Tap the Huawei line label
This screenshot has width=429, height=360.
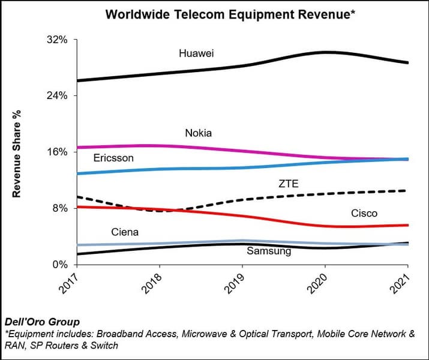(197, 53)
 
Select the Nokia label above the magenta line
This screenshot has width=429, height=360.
(198, 133)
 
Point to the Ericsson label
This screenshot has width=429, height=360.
(113, 158)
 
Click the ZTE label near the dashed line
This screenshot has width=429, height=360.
(288, 184)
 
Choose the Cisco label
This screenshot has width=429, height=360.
(364, 213)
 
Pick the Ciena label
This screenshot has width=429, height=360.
(125, 232)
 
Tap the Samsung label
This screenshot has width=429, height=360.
(269, 251)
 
